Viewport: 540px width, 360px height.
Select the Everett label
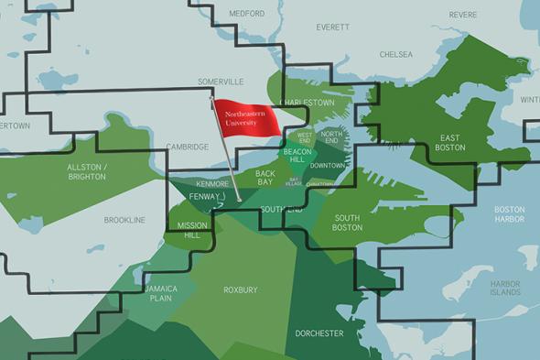coord(332,27)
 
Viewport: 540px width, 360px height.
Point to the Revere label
coord(463,16)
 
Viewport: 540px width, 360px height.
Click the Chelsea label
coord(396,55)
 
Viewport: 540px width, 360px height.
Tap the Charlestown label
coord(306,102)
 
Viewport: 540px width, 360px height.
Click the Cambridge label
coord(188,147)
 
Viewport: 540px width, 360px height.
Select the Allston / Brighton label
coord(88,171)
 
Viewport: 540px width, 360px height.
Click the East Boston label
coord(449,142)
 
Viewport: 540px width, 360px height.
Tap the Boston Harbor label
coord(509,214)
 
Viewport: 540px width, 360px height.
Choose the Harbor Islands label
coord(504,288)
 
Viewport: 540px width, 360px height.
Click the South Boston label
coord(347,223)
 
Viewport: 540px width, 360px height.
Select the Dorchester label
coord(319,333)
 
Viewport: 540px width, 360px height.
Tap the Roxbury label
coord(241,290)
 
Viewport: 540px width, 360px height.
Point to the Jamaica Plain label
coord(159,292)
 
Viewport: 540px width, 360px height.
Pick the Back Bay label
coord(265,178)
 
